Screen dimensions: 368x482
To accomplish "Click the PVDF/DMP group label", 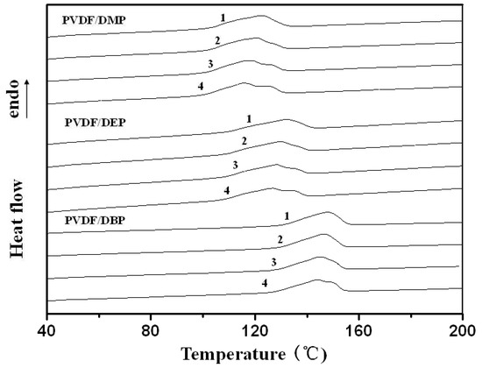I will click(x=91, y=19).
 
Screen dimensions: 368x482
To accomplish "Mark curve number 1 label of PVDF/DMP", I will click(x=223, y=18).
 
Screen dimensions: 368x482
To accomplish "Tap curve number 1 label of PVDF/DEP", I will click(x=250, y=118).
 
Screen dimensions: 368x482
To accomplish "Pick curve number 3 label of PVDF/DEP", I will click(x=235, y=166).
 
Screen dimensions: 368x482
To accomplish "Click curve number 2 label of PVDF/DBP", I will click(x=280, y=239).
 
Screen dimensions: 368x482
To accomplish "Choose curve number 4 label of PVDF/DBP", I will click(x=265, y=284).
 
